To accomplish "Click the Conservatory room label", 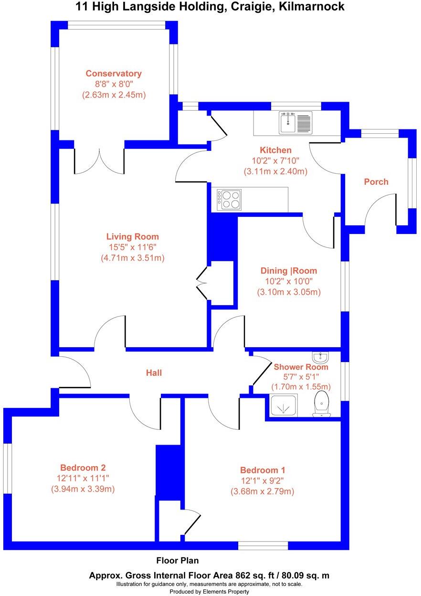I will (114, 74).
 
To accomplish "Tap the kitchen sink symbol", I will (295, 123).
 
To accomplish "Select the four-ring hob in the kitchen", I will (230, 200).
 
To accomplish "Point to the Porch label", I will (376, 181).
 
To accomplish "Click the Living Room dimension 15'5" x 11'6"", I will (132, 247).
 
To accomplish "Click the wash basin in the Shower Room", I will (320, 357).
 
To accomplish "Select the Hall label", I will (154, 372).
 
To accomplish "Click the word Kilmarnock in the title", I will (315, 7).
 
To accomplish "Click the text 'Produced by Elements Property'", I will (210, 592).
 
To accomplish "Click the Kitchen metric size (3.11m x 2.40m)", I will (275, 171).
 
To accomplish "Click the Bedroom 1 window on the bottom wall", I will (263, 545).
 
